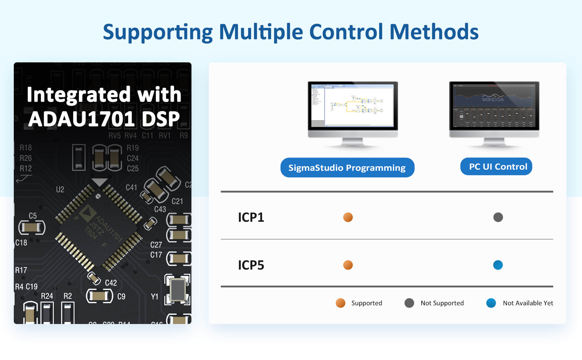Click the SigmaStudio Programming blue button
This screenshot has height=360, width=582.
click(x=347, y=168)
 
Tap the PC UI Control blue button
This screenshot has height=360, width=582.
click(x=496, y=166)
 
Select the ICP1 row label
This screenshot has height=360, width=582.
click(x=251, y=217)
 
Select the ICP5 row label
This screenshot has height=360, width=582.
click(x=251, y=265)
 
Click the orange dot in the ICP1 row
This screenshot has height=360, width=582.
click(x=348, y=217)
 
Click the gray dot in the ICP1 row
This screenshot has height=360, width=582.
click(x=498, y=217)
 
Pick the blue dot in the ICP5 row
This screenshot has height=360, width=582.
click(x=498, y=265)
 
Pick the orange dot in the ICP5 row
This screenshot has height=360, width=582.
click(x=348, y=265)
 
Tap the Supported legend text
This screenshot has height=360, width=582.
click(x=367, y=303)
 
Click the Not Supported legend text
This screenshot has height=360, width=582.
click(x=442, y=303)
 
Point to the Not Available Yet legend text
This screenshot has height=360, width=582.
click(x=528, y=303)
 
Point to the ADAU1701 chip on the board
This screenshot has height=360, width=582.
click(x=99, y=228)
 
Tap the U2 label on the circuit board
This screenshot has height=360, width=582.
click(x=60, y=190)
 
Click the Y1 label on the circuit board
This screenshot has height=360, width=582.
click(x=155, y=297)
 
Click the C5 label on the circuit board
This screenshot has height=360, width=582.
click(x=33, y=216)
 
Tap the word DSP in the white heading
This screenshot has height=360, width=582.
click(x=161, y=119)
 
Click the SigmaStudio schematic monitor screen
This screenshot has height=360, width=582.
click(x=353, y=105)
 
